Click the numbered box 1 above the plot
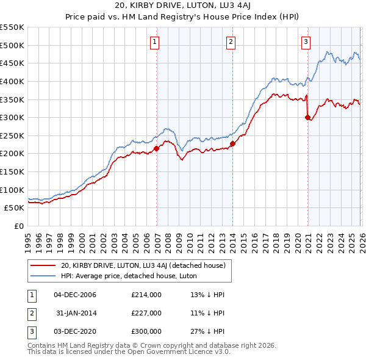pos(154,42)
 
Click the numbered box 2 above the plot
pos(231,42)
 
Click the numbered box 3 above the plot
pos(305,42)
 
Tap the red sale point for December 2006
pos(156,148)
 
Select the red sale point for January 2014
pos(233,144)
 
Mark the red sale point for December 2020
pos(307,118)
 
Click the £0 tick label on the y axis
pos(18,226)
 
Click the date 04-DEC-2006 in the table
pos(75,295)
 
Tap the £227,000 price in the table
pos(146,313)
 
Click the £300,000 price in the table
pos(146,331)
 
